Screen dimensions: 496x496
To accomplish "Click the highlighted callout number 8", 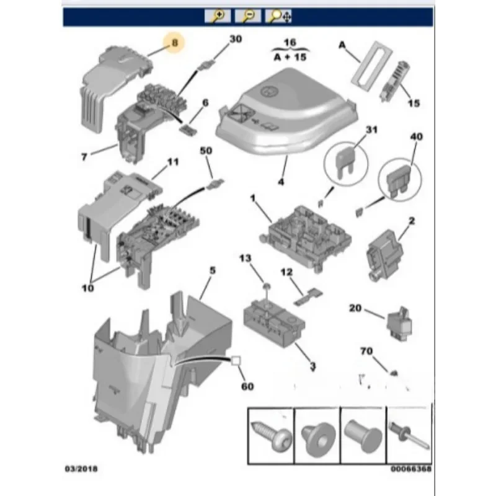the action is [x=175, y=43].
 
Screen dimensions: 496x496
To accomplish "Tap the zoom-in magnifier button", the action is [x=218, y=16].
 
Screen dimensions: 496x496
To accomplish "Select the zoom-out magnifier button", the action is [x=247, y=16].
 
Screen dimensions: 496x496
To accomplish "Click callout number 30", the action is [x=236, y=39].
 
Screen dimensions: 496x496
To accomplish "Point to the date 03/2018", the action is [x=81, y=469].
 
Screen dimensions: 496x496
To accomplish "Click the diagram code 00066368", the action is [x=411, y=469].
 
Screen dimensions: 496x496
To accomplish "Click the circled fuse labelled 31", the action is [x=346, y=164].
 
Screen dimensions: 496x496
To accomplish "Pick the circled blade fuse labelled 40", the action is [x=400, y=180].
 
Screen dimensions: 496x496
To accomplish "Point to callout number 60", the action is [x=247, y=386].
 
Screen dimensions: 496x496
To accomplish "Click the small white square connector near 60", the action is [x=236, y=361].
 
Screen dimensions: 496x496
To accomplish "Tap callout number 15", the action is [x=414, y=103].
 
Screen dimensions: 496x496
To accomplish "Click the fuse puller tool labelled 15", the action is [x=395, y=81].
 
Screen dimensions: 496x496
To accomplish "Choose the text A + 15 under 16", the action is [x=290, y=57].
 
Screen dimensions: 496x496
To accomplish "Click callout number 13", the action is [x=245, y=258].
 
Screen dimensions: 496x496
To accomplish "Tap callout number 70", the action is [x=366, y=351].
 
